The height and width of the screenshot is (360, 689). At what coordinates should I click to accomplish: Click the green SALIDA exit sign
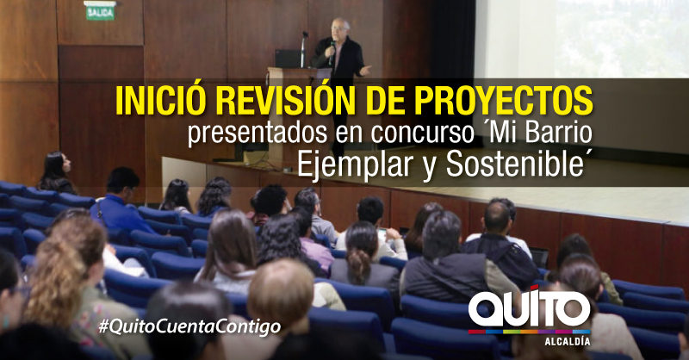100,11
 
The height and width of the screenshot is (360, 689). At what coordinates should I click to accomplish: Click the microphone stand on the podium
304,49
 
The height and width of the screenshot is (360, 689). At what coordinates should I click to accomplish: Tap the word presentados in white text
258,133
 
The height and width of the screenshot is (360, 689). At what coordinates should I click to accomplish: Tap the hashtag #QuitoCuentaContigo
189,327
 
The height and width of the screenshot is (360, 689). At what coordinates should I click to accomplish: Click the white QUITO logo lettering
530,307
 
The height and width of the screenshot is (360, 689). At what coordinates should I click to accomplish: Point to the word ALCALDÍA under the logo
568,341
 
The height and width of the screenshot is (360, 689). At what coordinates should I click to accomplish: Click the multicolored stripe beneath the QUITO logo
529,332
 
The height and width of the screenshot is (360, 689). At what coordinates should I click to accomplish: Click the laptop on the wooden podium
289,59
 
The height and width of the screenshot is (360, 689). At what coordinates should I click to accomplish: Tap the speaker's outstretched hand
364,70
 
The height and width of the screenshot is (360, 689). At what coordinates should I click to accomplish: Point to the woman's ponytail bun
359,266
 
